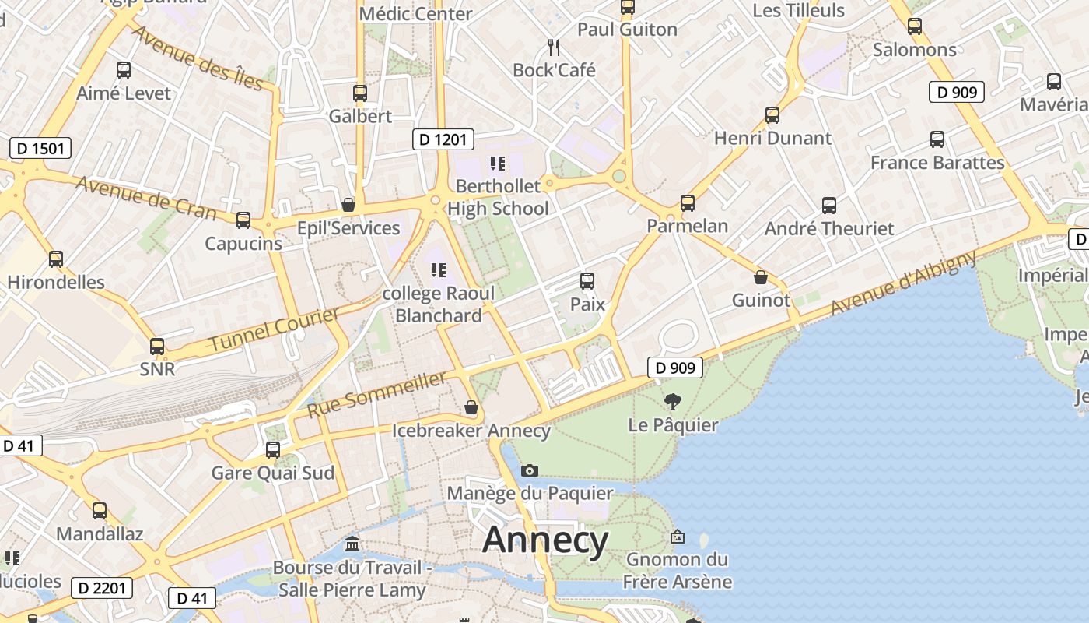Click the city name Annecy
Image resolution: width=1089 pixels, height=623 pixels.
pos(545,540)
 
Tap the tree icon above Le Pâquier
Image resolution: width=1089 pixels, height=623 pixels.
pos(673,402)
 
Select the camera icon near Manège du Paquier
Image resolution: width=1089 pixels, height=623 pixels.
pos(530,470)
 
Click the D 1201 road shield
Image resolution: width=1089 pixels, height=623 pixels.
pos(443,139)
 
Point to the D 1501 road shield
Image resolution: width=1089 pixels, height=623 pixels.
pos(40,148)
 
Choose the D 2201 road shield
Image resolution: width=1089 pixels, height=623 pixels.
pos(102,587)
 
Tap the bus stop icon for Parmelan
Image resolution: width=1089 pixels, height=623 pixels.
pos(688,203)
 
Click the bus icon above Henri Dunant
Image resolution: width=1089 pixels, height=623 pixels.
pos(772,115)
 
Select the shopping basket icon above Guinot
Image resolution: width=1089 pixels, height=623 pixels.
pos(761,277)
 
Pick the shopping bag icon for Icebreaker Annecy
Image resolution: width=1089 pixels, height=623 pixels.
pos(471,407)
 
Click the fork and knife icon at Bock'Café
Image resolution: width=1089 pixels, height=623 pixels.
pos(554,48)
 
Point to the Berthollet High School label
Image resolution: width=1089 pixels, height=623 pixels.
pos(498,197)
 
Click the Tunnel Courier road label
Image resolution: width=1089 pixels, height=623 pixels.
pos(275,329)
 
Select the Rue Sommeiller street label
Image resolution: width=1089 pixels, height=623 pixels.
pos(377,394)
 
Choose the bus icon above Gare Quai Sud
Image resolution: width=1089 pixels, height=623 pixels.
pos(273,449)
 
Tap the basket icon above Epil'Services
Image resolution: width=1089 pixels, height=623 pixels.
pos(348,205)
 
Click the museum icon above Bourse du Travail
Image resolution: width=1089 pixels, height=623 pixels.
pos(352,544)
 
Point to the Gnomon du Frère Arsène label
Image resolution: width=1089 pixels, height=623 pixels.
pos(678,570)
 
